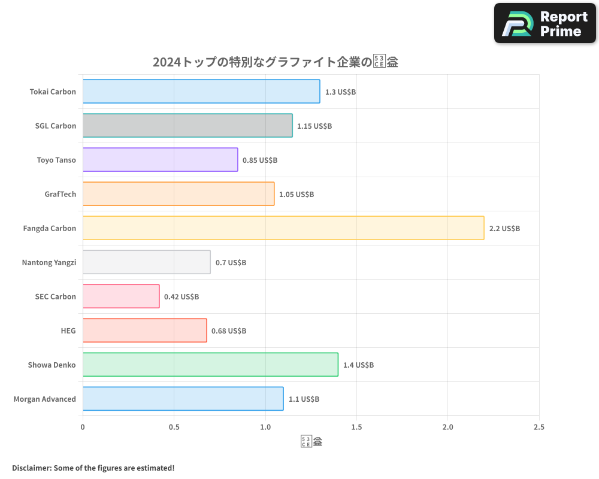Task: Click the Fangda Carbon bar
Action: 283,228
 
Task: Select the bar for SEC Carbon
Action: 121,296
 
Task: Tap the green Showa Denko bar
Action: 210,365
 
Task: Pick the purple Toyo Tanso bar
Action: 160,160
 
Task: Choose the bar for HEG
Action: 144,331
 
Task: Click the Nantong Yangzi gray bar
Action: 146,262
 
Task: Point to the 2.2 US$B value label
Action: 504,228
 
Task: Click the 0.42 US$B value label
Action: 181,296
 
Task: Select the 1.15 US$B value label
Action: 314,126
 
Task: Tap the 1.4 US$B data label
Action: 358,365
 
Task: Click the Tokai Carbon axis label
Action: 53,92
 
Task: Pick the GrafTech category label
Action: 60,194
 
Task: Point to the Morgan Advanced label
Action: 45,399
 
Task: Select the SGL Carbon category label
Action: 56,126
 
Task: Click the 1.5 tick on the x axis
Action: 356,427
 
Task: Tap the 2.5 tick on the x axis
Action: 539,427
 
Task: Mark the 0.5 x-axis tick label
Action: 174,427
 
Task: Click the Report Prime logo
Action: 544,23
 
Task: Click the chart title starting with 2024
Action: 276,62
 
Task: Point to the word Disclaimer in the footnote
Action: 31,468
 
